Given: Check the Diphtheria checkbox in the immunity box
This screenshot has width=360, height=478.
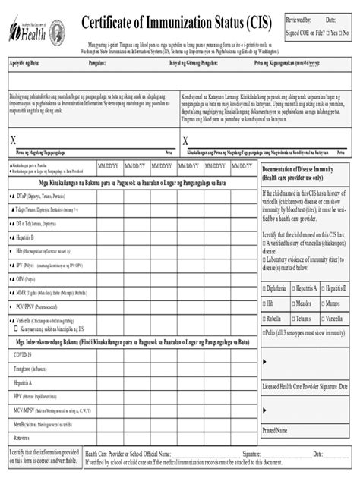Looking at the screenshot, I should tap(264, 289).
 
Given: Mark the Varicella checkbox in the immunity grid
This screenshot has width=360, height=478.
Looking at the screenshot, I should tap(324, 319).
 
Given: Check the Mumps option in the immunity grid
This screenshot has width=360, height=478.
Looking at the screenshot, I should tap(324, 303).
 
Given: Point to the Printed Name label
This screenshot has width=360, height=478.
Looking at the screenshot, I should tap(276, 430).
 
